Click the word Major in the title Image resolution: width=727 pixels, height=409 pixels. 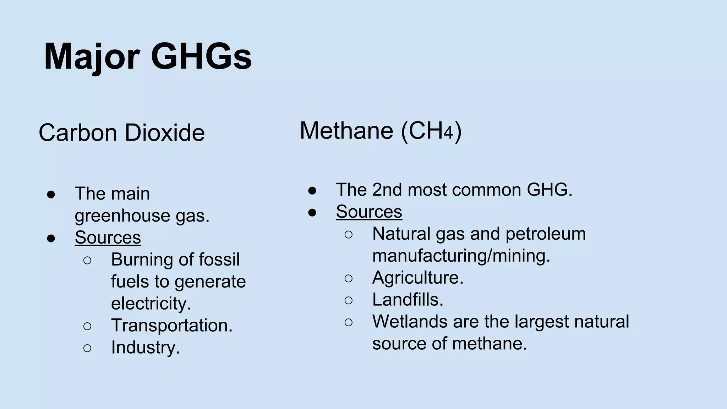click(x=92, y=57)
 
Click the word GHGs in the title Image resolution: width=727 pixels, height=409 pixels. click(x=201, y=57)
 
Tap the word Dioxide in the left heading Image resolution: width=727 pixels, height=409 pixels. click(x=165, y=133)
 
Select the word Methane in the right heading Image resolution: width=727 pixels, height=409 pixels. click(x=346, y=131)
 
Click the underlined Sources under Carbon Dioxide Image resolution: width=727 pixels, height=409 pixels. click(x=108, y=238)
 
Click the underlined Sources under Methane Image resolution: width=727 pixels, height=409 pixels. click(x=369, y=212)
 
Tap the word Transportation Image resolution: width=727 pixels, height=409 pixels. click(x=171, y=325)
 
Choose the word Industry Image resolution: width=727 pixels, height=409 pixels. click(x=145, y=347)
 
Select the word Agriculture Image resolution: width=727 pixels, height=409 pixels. click(x=417, y=278)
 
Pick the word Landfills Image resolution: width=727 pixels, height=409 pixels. click(x=408, y=300)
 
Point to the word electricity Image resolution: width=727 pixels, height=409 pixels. click(x=151, y=304)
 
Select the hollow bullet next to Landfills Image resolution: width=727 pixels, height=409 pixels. click(x=349, y=300)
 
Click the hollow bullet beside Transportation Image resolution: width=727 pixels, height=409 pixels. click(x=87, y=326)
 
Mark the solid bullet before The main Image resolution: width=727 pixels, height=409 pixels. click(x=51, y=194)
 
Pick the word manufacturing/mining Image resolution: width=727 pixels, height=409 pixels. click(x=461, y=256)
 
